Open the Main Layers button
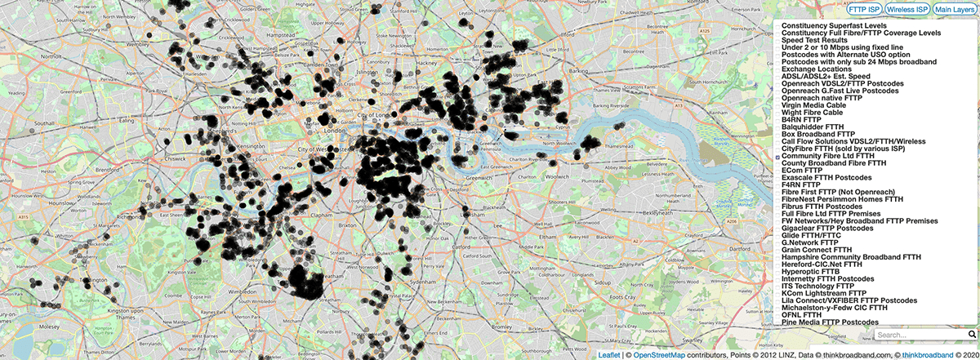point(954,9)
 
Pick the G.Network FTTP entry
point(809,242)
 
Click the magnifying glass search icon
point(972,335)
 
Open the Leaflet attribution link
point(608,355)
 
